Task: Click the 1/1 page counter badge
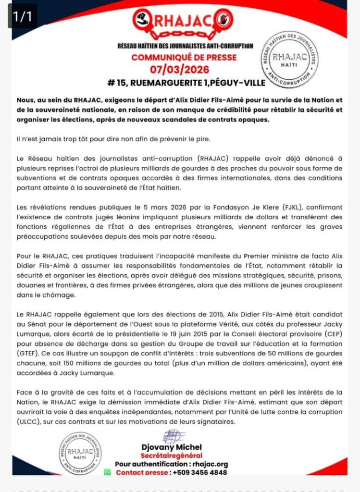coord(22,16)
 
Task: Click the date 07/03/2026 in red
coord(186,70)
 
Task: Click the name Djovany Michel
coord(172,447)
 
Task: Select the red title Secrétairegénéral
coord(172,455)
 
